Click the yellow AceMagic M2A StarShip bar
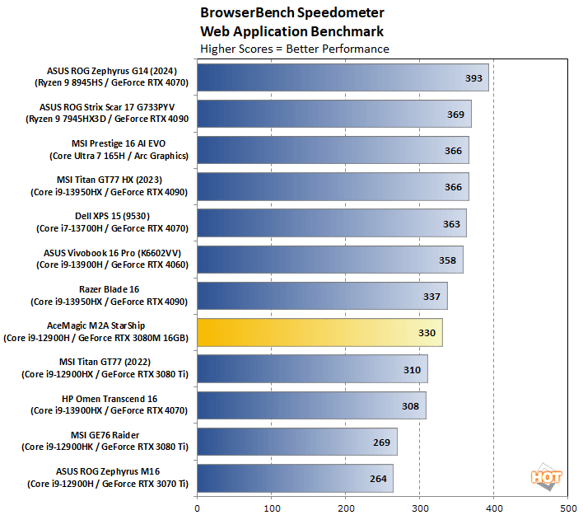pyautogui.click(x=319, y=332)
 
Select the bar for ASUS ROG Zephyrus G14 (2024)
pyautogui.click(x=343, y=77)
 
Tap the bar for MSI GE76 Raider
pyautogui.click(x=296, y=441)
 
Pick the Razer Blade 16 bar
pyautogui.click(x=322, y=296)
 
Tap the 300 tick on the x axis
pyautogui.click(x=420, y=508)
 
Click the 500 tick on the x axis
pyautogui.click(x=568, y=508)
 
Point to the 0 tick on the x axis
pyautogui.click(x=198, y=508)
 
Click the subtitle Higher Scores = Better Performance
pyautogui.click(x=295, y=49)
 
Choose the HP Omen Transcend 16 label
pyautogui.click(x=112, y=405)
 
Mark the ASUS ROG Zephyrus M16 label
pyautogui.click(x=112, y=477)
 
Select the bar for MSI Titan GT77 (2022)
pyautogui.click(x=312, y=368)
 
